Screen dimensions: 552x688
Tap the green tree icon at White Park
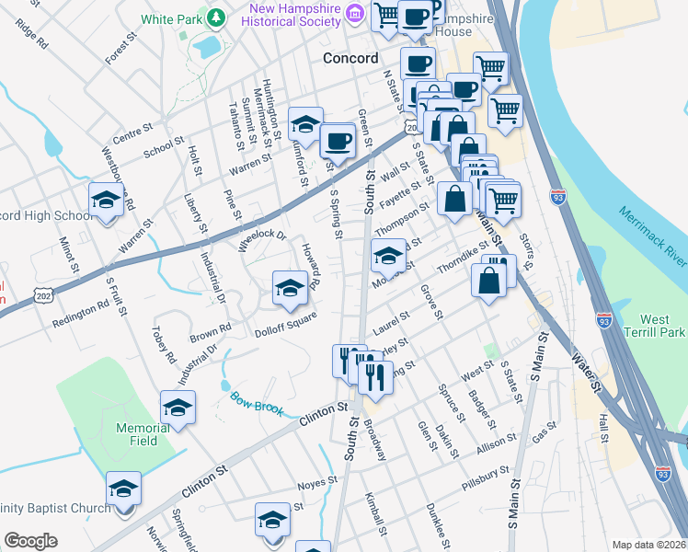tap(216, 17)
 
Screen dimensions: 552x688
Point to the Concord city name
tap(350, 58)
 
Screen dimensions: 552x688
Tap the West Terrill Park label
tap(654, 325)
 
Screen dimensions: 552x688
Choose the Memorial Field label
tap(137, 434)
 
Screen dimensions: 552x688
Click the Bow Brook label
tap(253, 401)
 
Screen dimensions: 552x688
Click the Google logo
tap(30, 541)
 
